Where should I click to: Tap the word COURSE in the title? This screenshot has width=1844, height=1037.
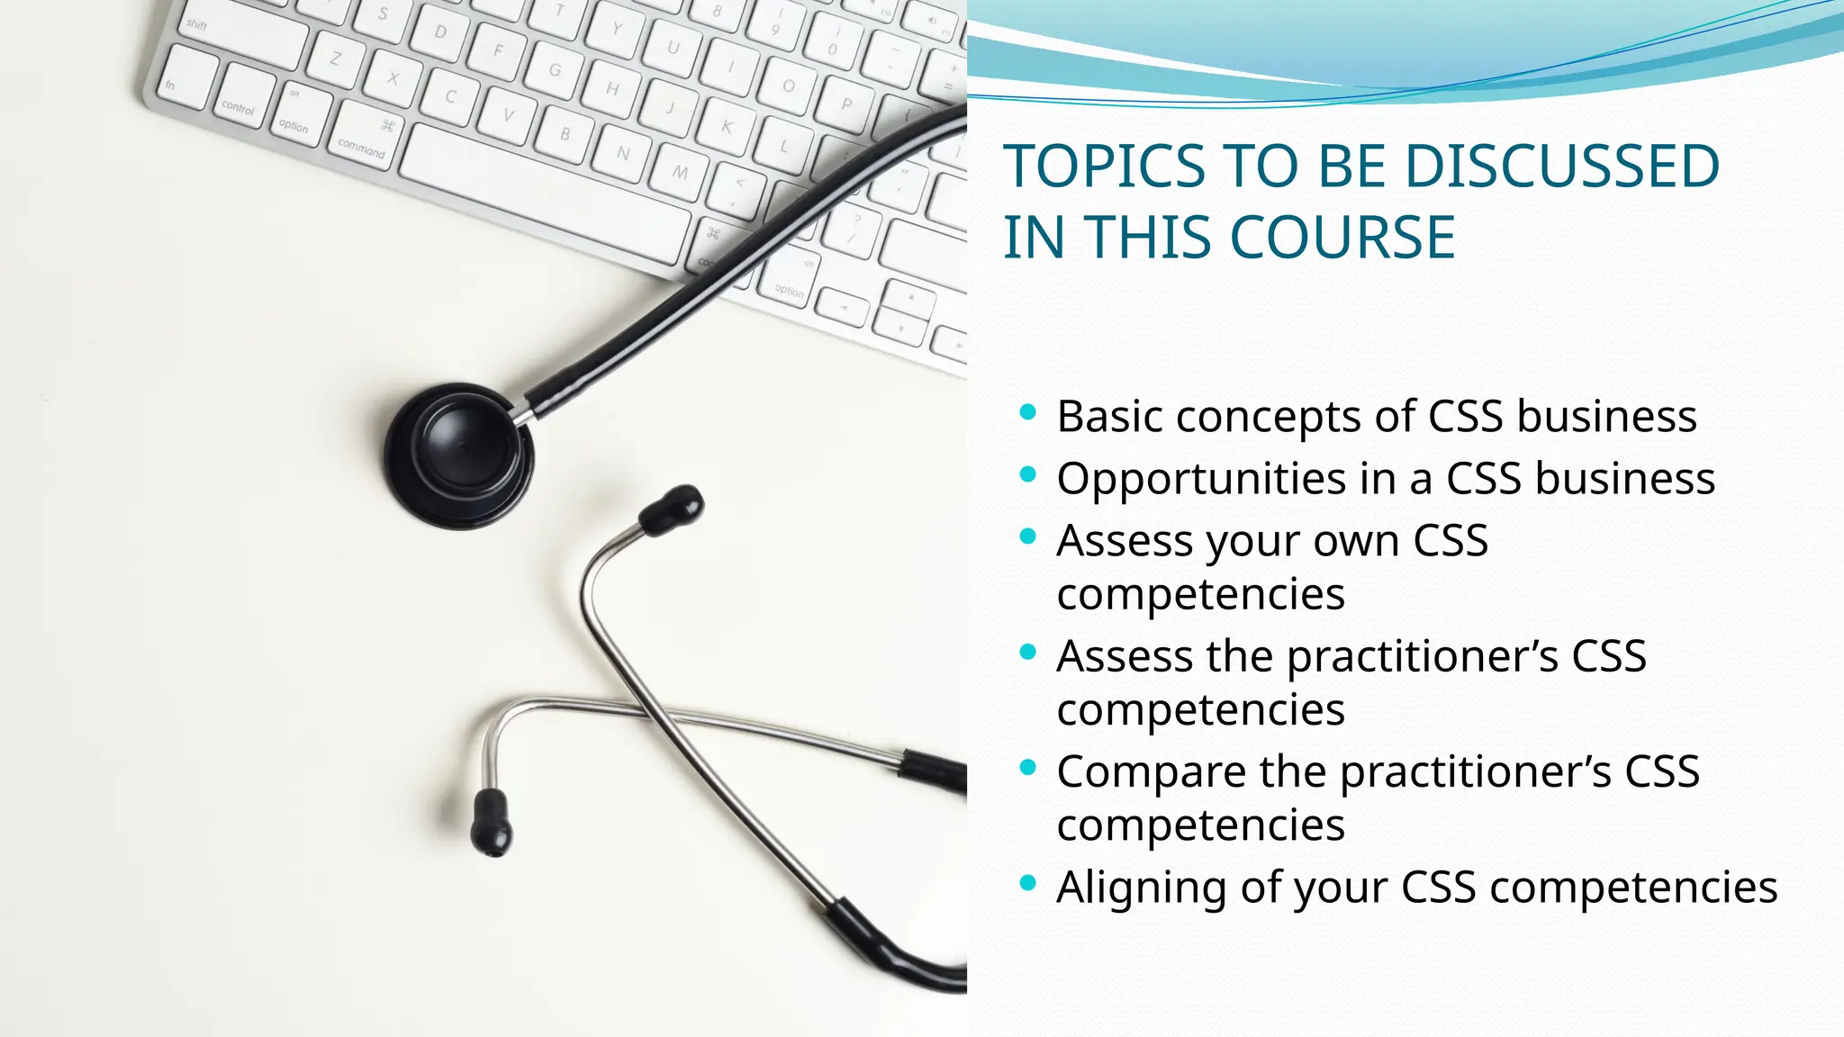(1342, 238)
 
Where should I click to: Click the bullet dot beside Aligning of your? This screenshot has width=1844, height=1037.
(1028, 883)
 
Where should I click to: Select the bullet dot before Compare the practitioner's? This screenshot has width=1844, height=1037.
(1028, 768)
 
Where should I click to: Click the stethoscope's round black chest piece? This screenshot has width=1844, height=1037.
(459, 455)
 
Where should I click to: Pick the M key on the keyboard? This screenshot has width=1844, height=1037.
(681, 171)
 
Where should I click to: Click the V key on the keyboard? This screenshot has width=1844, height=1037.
(508, 115)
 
